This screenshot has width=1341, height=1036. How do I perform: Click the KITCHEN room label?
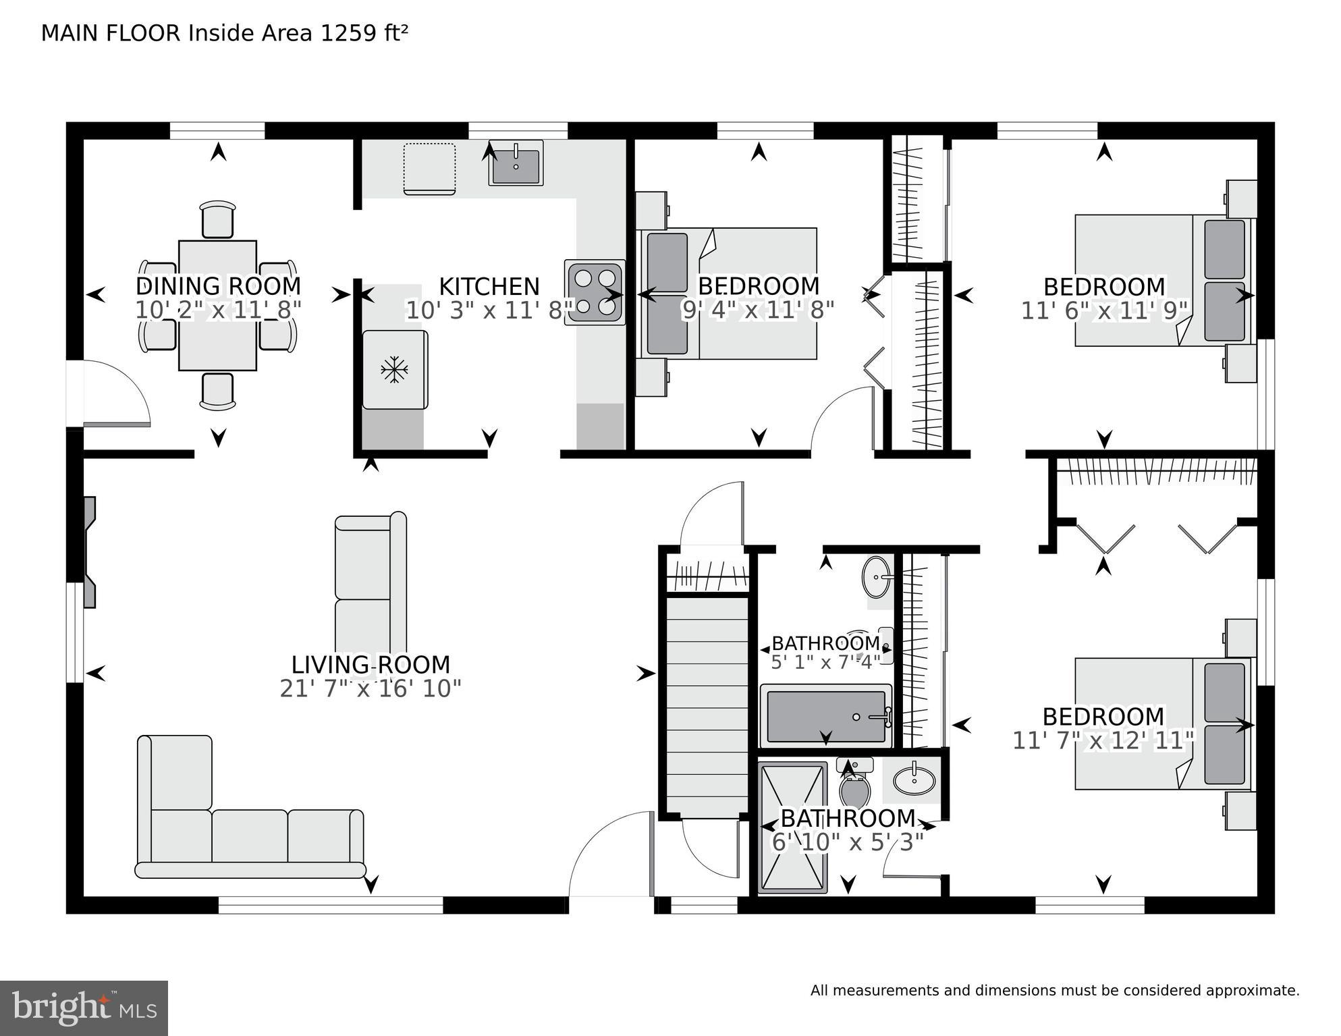(489, 287)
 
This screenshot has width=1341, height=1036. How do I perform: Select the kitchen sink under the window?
(516, 164)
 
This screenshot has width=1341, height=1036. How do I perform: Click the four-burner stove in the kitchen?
(595, 292)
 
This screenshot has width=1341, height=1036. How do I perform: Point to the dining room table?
(217, 305)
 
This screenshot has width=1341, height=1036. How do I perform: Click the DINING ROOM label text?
(218, 286)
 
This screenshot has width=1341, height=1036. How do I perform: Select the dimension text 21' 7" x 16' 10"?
(371, 689)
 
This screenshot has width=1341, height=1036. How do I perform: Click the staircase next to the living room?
(707, 705)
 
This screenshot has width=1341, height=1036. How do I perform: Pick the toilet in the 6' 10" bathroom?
(854, 786)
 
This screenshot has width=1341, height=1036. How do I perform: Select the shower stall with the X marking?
(792, 827)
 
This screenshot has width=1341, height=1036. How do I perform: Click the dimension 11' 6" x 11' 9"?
(1103, 311)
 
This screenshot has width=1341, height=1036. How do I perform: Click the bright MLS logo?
(83, 1008)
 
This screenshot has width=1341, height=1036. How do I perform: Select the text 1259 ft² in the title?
(364, 33)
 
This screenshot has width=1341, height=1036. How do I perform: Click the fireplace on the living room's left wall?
(89, 552)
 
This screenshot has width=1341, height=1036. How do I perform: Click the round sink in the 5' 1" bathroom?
(877, 577)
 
